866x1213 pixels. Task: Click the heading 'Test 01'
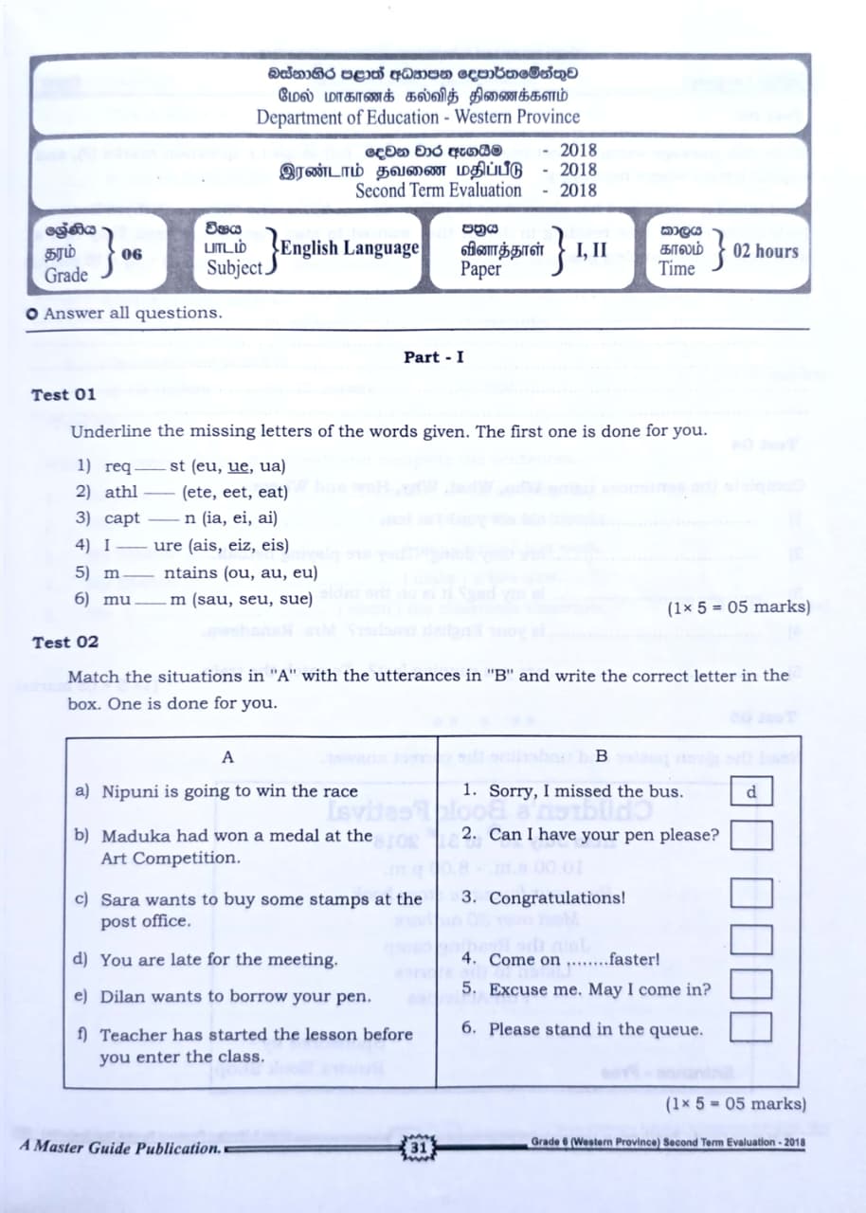click(x=63, y=395)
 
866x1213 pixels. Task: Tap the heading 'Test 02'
click(x=64, y=642)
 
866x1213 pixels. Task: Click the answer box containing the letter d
click(x=751, y=791)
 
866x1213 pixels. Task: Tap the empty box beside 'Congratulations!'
click(x=751, y=893)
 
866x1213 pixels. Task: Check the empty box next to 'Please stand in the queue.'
click(x=751, y=1026)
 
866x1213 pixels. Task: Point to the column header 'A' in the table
click(x=226, y=757)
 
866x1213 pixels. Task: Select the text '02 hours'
click(x=766, y=252)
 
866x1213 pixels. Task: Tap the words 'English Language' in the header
click(x=349, y=248)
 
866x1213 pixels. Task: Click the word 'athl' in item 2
click(x=120, y=492)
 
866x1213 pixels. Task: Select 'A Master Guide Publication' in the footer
click(x=119, y=1148)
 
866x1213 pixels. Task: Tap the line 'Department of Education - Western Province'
click(x=418, y=118)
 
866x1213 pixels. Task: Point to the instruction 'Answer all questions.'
click(x=131, y=313)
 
